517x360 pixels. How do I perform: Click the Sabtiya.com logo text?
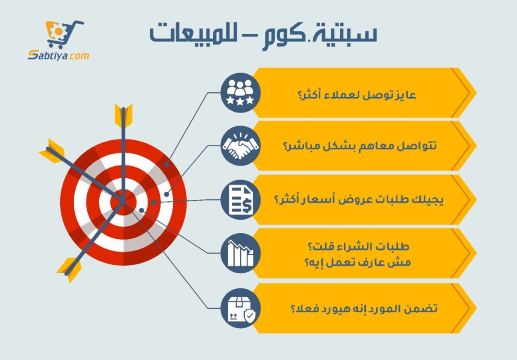[x=58, y=55]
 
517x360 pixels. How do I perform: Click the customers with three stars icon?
[x=240, y=93]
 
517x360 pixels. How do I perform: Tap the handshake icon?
[x=240, y=146]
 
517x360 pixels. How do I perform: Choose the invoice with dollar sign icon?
[x=240, y=200]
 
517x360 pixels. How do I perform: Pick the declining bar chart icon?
[x=240, y=253]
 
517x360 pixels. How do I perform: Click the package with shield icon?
[x=240, y=308]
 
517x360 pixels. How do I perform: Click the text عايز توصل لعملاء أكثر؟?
[x=357, y=95]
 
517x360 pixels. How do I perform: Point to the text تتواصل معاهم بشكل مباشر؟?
[x=360, y=145]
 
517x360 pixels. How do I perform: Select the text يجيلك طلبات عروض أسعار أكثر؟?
[x=359, y=199]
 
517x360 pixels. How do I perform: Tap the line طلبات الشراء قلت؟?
[x=358, y=247]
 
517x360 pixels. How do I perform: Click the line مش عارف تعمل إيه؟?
[x=358, y=262]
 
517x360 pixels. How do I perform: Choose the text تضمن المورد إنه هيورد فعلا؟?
[x=364, y=309]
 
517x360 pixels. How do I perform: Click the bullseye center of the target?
[x=124, y=202]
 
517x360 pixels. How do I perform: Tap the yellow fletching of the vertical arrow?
[x=123, y=115]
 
